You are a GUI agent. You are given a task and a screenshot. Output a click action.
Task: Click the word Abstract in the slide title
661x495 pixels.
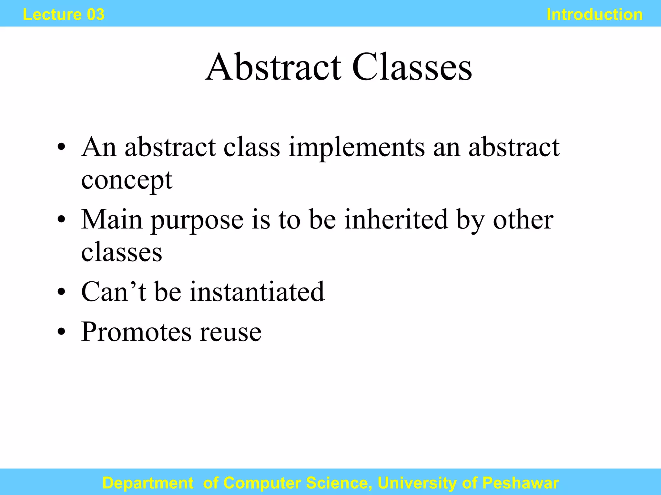coord(273,67)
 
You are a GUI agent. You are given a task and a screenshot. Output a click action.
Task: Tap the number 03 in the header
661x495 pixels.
coord(96,15)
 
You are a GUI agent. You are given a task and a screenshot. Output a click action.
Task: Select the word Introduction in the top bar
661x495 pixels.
coord(595,15)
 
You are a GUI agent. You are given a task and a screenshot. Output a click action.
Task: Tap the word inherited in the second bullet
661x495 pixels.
coord(396,220)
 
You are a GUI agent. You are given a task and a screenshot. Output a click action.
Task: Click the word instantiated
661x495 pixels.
coord(257,292)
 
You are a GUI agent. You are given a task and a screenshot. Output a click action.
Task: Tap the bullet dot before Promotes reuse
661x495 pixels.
coord(61,332)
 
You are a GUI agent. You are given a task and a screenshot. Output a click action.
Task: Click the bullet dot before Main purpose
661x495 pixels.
coord(61,220)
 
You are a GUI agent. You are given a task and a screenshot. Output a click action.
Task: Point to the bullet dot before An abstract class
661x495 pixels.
coord(61,148)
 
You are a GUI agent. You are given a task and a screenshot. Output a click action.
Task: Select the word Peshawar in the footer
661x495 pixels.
coord(521,483)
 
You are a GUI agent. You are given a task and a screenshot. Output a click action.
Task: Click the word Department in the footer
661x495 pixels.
coord(148,483)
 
